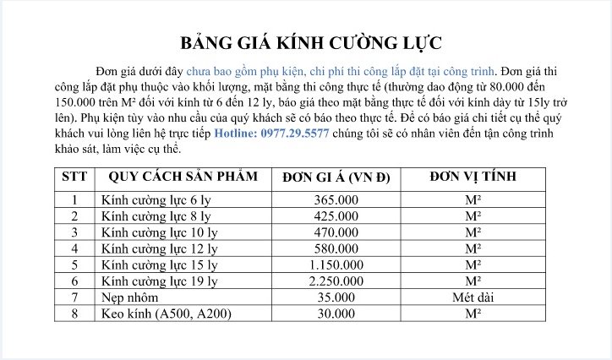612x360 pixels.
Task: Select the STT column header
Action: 74,178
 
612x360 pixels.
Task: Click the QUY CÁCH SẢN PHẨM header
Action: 179,178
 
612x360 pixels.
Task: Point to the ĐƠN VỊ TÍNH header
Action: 473,178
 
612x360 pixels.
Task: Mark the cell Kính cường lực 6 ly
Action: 155,200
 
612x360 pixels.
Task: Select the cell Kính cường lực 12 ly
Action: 158,248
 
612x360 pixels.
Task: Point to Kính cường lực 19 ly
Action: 158,281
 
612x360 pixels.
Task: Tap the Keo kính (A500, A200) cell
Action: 165,314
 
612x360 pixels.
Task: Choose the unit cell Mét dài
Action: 473,297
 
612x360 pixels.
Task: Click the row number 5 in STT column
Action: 74,265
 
